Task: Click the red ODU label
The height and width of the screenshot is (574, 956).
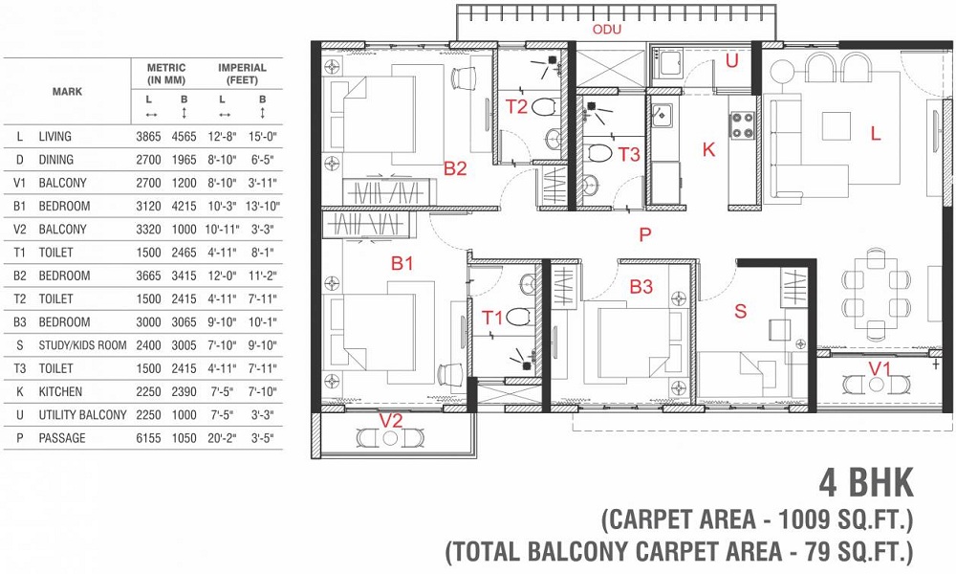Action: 607,30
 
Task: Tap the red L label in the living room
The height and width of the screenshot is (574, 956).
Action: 876,133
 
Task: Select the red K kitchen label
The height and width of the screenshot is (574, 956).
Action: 708,149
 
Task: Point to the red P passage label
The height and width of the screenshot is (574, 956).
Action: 645,234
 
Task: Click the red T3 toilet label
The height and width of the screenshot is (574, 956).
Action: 629,154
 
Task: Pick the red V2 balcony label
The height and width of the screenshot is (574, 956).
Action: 391,420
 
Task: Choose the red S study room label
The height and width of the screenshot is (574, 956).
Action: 740,311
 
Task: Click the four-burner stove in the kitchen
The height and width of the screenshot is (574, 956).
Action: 742,125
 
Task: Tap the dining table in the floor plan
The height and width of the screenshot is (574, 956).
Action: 876,294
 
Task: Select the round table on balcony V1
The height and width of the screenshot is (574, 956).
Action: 876,385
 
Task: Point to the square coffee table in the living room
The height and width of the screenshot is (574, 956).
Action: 836,126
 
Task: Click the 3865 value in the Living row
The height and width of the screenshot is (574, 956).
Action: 148,137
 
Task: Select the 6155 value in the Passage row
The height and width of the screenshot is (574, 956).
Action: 148,438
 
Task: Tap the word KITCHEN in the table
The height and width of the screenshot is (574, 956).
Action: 60,391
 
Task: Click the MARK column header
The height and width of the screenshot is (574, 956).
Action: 67,92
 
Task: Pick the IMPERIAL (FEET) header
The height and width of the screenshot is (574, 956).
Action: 242,74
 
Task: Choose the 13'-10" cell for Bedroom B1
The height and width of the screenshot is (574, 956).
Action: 262,207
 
